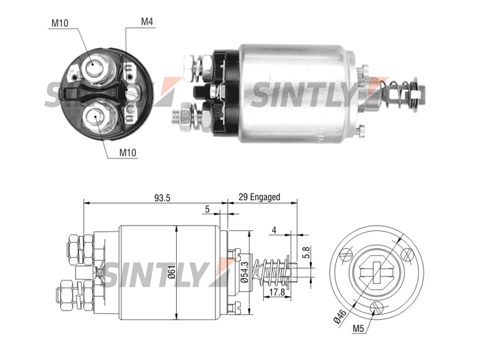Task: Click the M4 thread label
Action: [147, 22]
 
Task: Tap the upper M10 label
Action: [60, 23]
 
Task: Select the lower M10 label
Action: [128, 152]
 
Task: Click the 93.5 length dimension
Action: [162, 198]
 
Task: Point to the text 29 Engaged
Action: [259, 197]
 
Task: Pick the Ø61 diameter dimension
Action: [171, 272]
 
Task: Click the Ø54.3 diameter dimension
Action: [244, 272]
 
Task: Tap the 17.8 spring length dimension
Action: [277, 292]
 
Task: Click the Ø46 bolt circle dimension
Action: [340, 316]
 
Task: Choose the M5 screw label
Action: [358, 328]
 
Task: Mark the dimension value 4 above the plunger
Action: [274, 230]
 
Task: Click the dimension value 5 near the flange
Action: [207, 209]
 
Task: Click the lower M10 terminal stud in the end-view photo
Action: [95, 117]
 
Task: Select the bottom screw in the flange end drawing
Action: [376, 308]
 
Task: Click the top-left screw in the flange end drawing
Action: [346, 254]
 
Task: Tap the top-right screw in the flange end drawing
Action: [407, 254]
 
